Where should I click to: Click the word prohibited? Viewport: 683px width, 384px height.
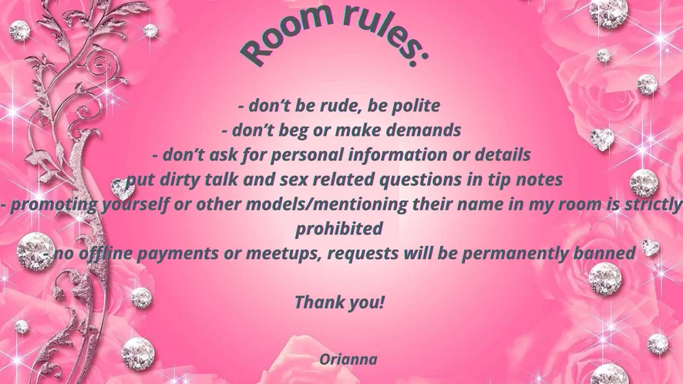click(x=339, y=229)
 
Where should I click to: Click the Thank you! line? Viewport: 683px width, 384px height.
click(x=340, y=302)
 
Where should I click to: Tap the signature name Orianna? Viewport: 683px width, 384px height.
click(x=348, y=359)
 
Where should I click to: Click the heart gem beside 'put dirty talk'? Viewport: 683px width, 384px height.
click(x=122, y=188)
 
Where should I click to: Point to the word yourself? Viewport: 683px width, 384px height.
click(x=134, y=204)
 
